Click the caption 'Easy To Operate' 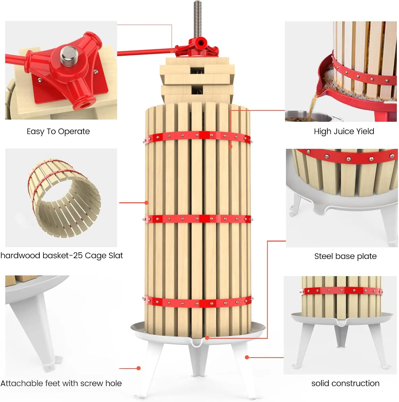[x=58, y=131]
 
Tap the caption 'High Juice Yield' [x=344, y=131]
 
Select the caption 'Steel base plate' [x=345, y=256]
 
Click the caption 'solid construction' [x=345, y=383]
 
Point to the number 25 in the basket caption [x=78, y=255]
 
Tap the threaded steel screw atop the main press [x=197, y=19]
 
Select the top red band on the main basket [x=197, y=136]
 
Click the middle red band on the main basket [x=197, y=219]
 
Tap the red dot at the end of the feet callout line [x=139, y=368]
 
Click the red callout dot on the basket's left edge [x=147, y=203]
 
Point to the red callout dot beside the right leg [x=247, y=357]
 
